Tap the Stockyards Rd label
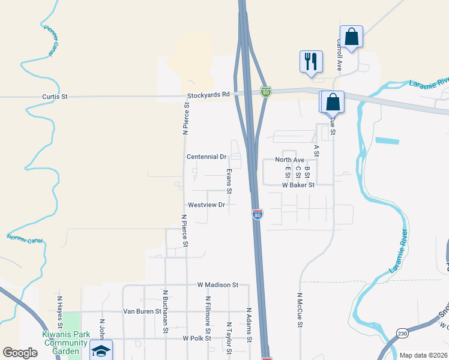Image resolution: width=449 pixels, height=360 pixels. click(x=208, y=95)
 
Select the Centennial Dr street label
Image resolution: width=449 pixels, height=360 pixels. click(x=206, y=157)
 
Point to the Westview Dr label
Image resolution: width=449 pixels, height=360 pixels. click(x=206, y=205)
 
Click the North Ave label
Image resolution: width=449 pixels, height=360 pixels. click(x=290, y=160)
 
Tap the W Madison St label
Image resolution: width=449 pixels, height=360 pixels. click(x=218, y=285)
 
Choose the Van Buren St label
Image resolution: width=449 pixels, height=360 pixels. click(x=142, y=311)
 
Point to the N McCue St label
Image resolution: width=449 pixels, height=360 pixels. click(x=299, y=311)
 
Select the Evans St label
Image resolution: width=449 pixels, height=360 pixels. click(x=229, y=181)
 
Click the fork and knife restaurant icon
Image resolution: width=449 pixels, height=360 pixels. click(x=311, y=61)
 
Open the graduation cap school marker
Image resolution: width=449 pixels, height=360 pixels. click(x=101, y=350)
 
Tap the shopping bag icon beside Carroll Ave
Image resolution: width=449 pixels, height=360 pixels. click(x=351, y=37)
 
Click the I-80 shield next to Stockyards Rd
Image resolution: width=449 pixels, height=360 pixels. click(x=266, y=91)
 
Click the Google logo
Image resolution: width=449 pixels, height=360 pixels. click(x=20, y=353)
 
